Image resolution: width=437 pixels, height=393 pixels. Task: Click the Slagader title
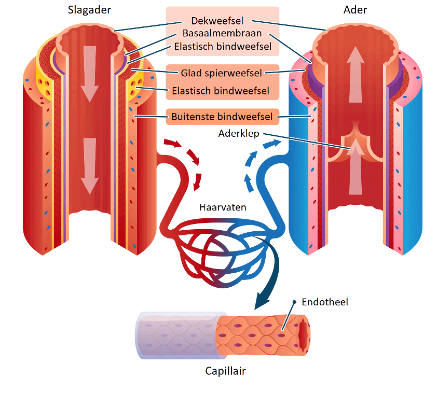coord(89,10)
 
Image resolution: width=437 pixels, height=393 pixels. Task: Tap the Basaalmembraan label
coord(222,34)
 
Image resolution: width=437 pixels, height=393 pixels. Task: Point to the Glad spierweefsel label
coord(221,73)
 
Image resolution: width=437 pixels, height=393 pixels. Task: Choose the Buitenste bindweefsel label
coord(222,117)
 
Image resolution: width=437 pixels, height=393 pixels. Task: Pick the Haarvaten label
coord(223,207)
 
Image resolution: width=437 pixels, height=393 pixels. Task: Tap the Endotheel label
coord(324,302)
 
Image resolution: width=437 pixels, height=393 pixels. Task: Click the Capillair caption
coord(225,371)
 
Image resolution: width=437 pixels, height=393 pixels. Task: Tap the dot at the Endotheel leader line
coord(294,302)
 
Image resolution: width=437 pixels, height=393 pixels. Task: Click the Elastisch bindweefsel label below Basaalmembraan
coord(222,46)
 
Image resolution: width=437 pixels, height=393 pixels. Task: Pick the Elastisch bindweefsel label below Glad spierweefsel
coord(222,91)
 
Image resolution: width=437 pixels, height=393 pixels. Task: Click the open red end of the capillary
coord(303,334)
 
